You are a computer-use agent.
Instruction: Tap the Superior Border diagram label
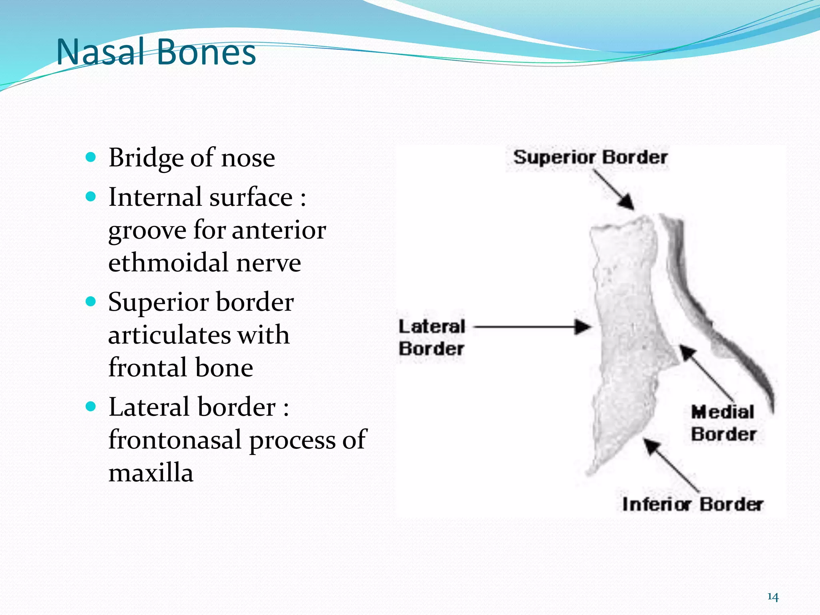coord(590,157)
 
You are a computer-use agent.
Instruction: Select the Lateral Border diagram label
coord(432,338)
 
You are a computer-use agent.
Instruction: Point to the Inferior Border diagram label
coord(692,504)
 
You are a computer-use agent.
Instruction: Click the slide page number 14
coord(773,597)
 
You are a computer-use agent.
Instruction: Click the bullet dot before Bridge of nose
coord(91,157)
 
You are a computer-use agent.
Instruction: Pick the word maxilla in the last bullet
coord(151,473)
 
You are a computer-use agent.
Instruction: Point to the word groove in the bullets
coord(147,231)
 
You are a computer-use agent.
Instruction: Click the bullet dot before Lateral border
coord(91,406)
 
